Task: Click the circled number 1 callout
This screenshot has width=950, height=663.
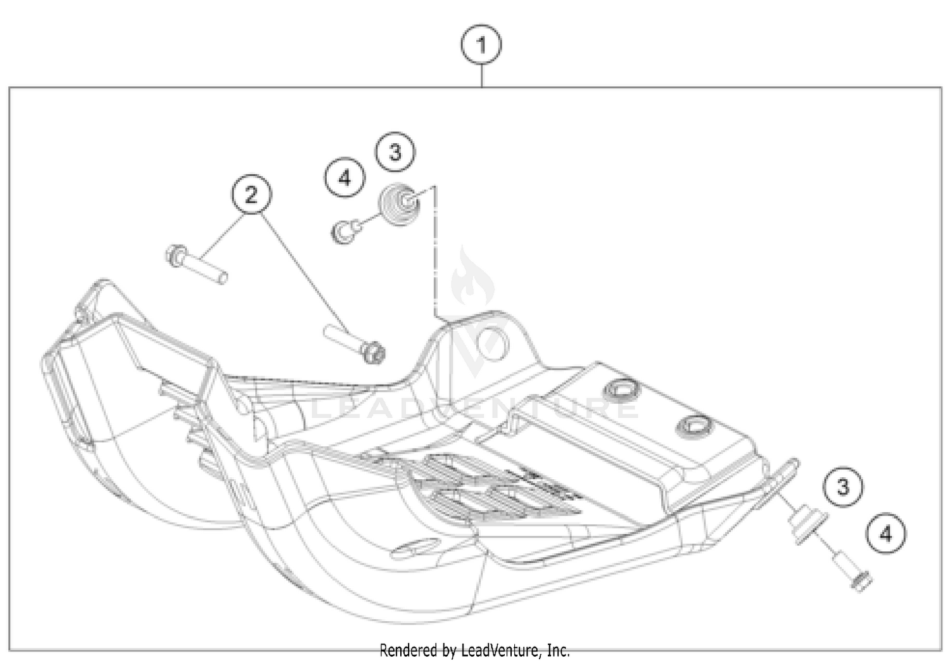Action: tap(481, 45)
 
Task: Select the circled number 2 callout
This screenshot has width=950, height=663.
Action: tap(251, 194)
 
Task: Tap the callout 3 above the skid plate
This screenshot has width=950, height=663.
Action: tap(395, 152)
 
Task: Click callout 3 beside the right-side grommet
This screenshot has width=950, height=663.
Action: tap(843, 487)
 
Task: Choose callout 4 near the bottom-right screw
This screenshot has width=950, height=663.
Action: tap(886, 534)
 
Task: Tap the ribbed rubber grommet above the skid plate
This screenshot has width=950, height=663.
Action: tap(398, 205)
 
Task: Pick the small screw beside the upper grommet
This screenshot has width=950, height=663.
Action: tap(345, 231)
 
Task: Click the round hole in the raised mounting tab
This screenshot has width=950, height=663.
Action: tap(493, 343)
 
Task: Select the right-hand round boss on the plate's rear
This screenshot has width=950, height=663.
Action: tap(692, 427)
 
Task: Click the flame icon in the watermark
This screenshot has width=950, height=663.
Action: tap(472, 279)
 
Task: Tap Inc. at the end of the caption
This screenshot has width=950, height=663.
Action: tap(558, 650)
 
